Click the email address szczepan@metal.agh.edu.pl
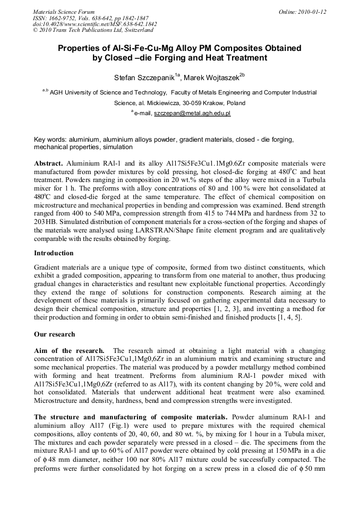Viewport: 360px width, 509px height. (192, 113)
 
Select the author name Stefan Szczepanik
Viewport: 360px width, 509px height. (144, 77)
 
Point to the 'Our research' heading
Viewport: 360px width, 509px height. (54, 334)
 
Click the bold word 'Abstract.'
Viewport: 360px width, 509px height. (48, 163)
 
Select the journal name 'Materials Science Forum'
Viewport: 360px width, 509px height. (64, 11)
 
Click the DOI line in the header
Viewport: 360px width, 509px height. (95, 24)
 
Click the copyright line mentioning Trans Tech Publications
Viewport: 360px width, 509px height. (85, 30)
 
